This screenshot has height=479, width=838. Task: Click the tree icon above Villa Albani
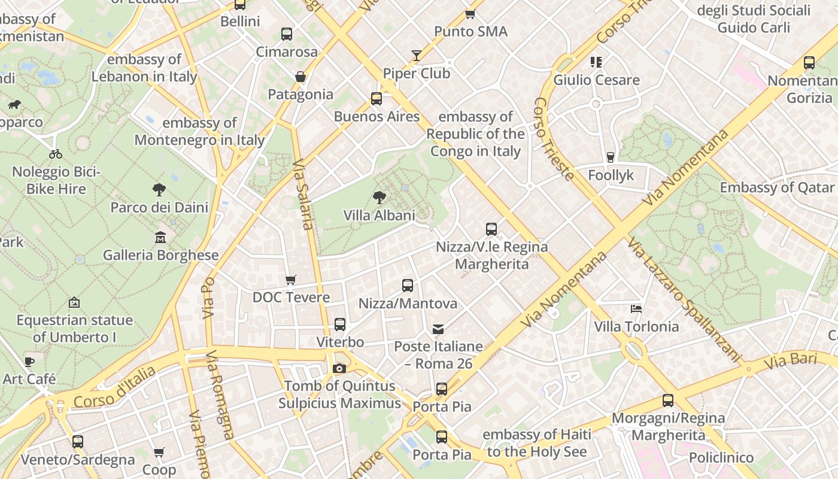tap(379, 197)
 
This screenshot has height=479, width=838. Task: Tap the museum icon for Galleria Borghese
tap(160, 238)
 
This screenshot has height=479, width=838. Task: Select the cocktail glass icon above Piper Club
tap(417, 56)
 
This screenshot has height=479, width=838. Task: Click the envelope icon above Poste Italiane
tap(438, 329)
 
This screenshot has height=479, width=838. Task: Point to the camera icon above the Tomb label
tap(339, 368)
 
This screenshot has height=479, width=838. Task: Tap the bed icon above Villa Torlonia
tap(636, 309)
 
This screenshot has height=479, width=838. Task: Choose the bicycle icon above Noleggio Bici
tap(56, 154)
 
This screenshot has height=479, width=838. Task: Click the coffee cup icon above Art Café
tap(29, 362)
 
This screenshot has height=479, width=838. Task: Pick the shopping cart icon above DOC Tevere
tap(291, 280)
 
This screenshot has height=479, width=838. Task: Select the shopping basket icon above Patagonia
tap(300, 77)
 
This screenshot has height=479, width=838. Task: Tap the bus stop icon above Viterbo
tap(340, 325)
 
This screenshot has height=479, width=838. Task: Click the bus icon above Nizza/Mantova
tap(408, 286)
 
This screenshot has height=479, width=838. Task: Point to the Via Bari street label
tap(790, 361)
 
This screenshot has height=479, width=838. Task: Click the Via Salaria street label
tap(303, 194)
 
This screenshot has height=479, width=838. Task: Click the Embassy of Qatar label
tap(776, 187)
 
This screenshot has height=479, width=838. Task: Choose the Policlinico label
tap(721, 457)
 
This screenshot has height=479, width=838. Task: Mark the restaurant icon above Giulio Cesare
tap(596, 62)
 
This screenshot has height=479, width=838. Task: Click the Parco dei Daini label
tap(159, 208)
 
